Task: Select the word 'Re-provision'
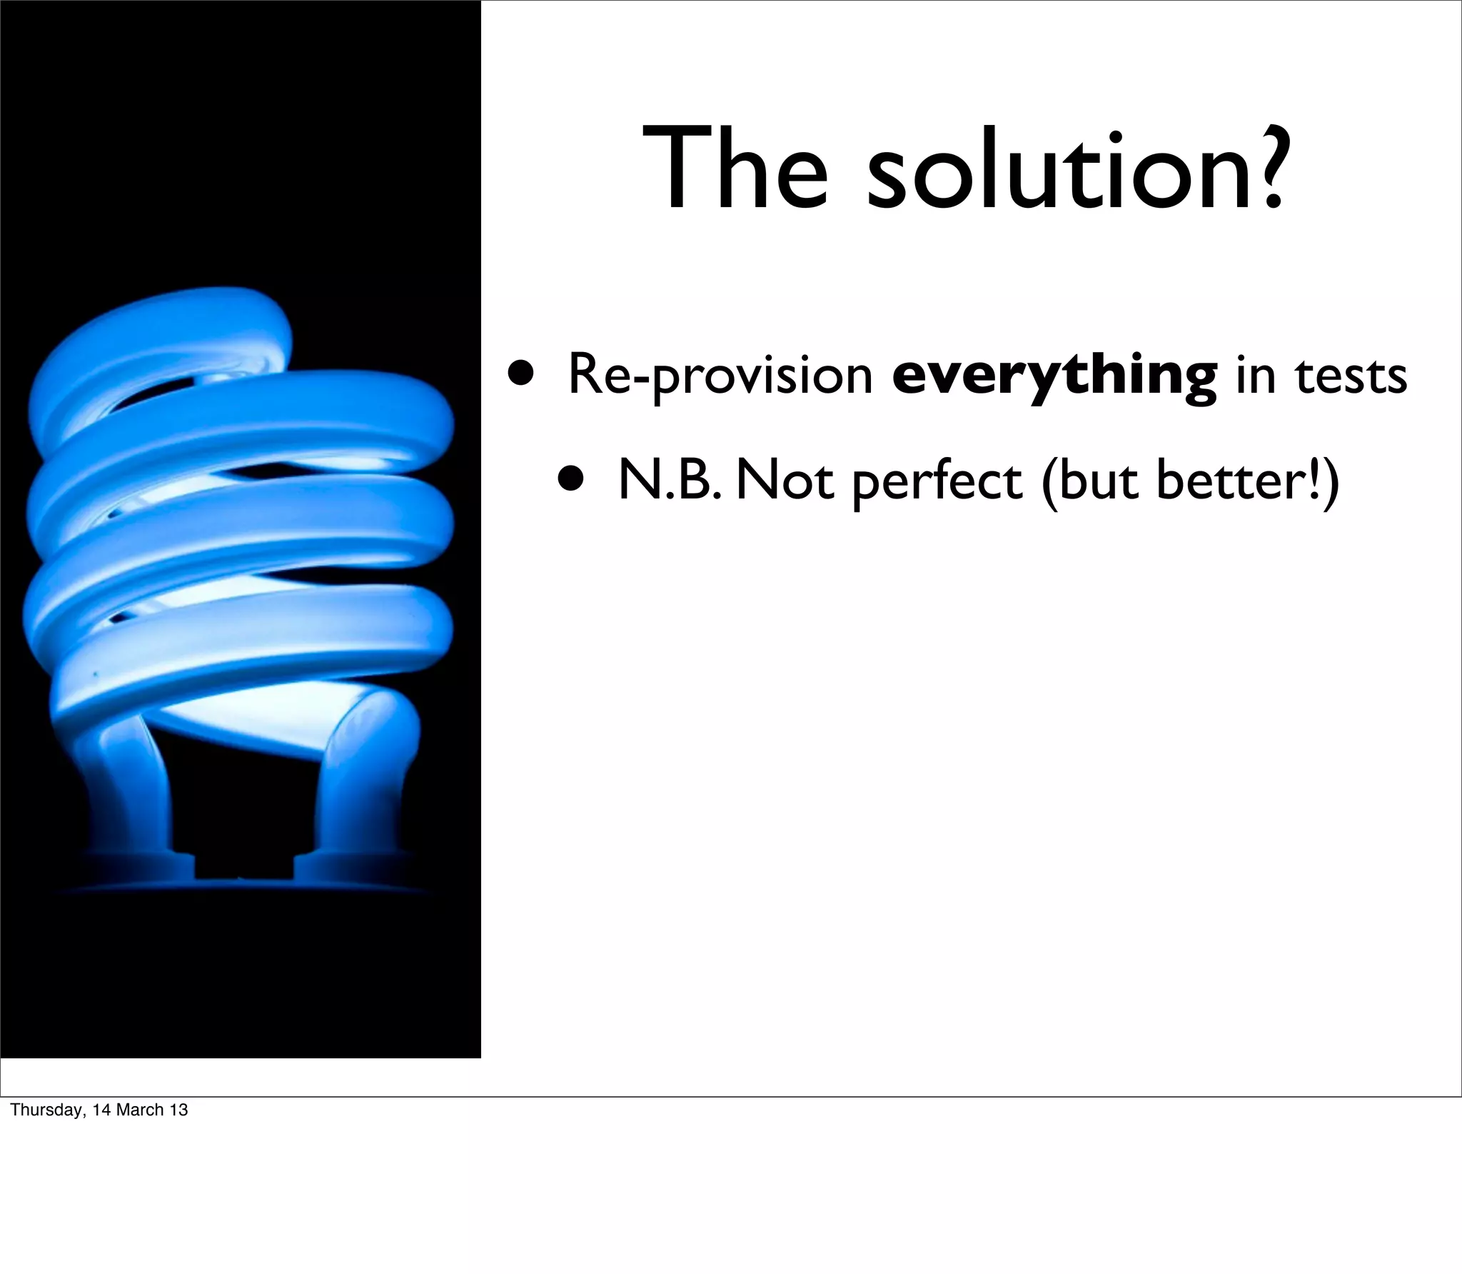(x=720, y=376)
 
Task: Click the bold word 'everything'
(x=1054, y=376)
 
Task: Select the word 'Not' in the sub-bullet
(x=784, y=480)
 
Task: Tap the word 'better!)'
(x=1245, y=481)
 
